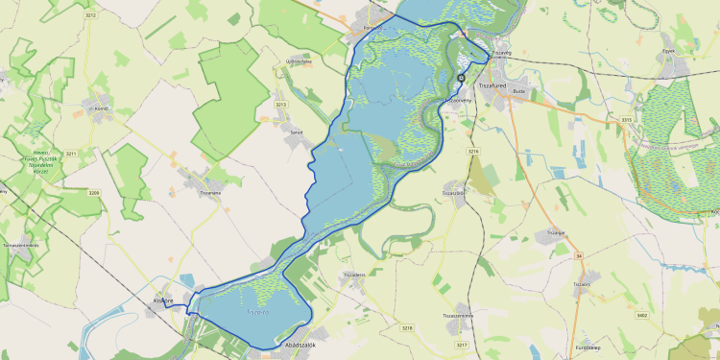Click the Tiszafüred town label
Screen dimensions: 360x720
point(492,85)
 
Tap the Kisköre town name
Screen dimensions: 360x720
point(163,300)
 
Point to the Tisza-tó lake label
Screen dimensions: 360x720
point(256,311)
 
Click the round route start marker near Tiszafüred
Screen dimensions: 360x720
point(461,78)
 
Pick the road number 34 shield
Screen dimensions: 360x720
point(579,256)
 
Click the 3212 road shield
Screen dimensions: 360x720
point(90,16)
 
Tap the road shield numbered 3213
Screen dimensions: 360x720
point(281,104)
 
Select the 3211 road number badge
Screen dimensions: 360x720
point(70,154)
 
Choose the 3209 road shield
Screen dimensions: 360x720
point(94,193)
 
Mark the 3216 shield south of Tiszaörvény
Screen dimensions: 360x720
point(472,152)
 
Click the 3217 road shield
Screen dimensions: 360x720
point(462,344)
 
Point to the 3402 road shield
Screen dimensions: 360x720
point(642,314)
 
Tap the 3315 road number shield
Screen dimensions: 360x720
point(626,119)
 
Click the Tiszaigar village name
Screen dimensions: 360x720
point(555,231)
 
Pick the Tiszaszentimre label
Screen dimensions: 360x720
point(457,315)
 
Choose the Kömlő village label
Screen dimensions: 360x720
point(99,108)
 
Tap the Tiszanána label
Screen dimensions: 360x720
point(209,192)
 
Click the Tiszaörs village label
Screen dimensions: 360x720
point(581,284)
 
